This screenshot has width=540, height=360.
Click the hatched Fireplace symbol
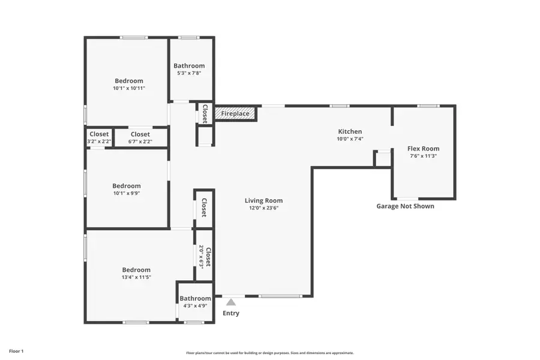[x=235, y=113]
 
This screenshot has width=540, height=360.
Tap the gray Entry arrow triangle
[x=231, y=302]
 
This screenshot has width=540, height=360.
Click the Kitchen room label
[x=350, y=131]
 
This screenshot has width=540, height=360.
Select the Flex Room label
[x=423, y=148]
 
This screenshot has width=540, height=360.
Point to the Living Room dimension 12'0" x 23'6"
[x=263, y=208]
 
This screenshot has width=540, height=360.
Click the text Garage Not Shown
[x=405, y=206]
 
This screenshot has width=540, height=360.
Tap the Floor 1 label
[x=16, y=350]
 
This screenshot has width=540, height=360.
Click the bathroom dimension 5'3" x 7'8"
[x=189, y=73]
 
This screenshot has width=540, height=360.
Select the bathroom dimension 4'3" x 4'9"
[x=195, y=306]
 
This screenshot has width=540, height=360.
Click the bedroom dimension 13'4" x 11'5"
[x=136, y=277]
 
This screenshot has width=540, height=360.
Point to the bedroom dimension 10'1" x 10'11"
[x=129, y=88]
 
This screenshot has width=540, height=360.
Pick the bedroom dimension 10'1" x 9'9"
[x=127, y=193]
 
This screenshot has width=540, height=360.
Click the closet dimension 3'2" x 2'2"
[x=99, y=142]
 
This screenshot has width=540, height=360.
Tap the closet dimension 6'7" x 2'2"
[x=140, y=142]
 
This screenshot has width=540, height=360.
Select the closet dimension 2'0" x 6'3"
[x=202, y=257]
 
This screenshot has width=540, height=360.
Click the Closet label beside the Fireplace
[x=205, y=113]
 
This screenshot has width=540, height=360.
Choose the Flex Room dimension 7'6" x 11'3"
[x=423, y=156]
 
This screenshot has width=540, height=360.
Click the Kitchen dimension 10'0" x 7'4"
[x=350, y=139]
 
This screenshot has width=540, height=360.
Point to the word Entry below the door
[x=231, y=313]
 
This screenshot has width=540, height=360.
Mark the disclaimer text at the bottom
[x=269, y=353]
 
